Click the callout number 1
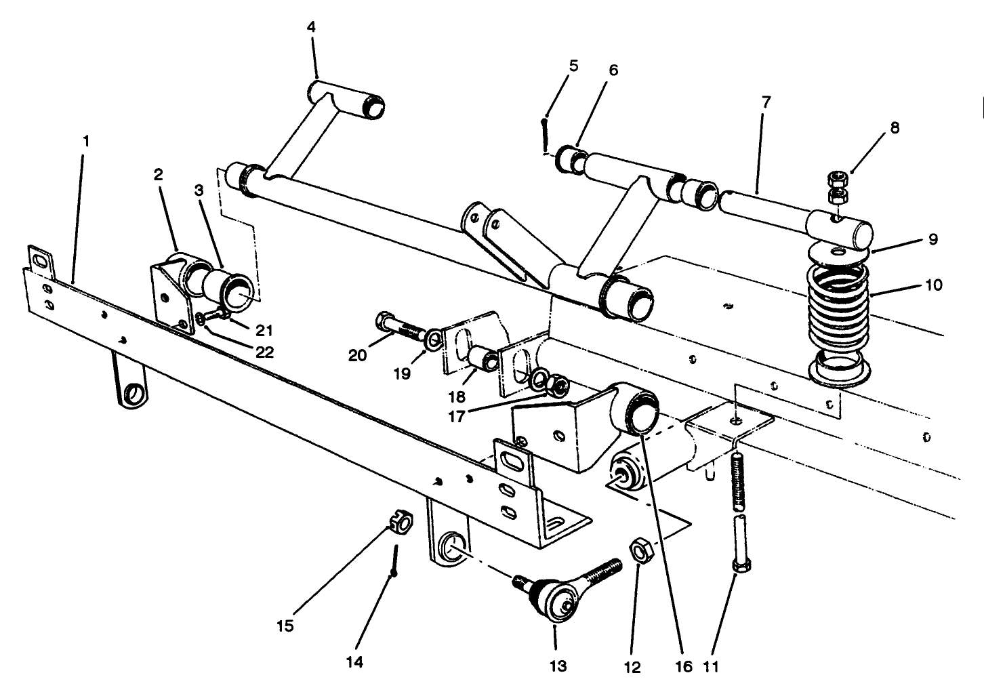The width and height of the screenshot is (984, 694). pos(86,142)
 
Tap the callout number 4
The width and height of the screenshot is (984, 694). pos(311,28)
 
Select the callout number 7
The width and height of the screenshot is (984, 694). pos(766,103)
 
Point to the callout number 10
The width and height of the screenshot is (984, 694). pos(933,285)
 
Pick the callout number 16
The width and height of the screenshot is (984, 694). pos(684,667)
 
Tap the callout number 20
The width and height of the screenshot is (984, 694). pos(358,354)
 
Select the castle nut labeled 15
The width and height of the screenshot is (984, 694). pos(401,523)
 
